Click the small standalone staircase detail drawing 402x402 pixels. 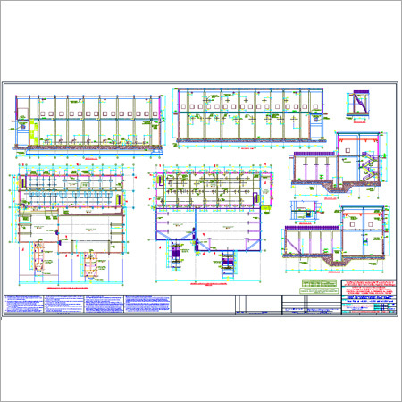tap(359, 105)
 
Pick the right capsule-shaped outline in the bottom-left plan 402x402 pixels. tap(95, 264)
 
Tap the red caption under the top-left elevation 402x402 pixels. tap(89, 156)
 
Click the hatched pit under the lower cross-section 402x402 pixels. tap(336, 263)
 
